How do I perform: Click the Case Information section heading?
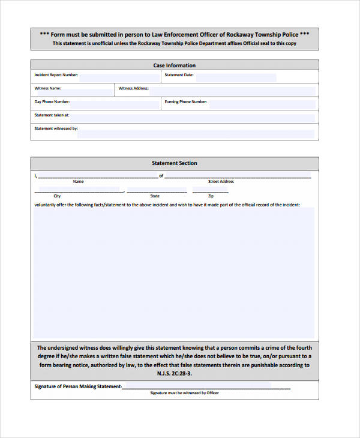174,65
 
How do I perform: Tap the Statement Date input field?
235,77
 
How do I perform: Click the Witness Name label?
48,88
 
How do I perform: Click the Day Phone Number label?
52,102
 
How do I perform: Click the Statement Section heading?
174,163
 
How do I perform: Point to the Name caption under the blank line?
78,181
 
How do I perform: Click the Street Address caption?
221,181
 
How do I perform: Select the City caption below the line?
57,196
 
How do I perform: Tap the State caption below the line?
155,196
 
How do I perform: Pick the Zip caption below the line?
211,196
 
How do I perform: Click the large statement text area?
174,273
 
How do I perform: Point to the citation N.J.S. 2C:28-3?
174,373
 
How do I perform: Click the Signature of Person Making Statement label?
78,386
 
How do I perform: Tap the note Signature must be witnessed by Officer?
184,393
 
